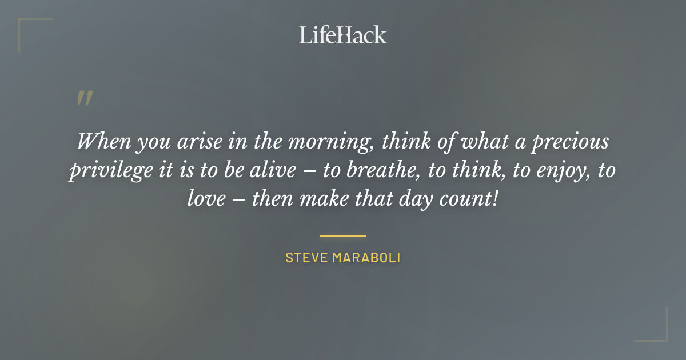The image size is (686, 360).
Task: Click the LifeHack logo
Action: tap(342, 35)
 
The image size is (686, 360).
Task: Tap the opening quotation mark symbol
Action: tap(84, 98)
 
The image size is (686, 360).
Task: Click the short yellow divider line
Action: tap(342, 235)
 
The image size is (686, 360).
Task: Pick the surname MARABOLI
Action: tap(366, 258)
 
